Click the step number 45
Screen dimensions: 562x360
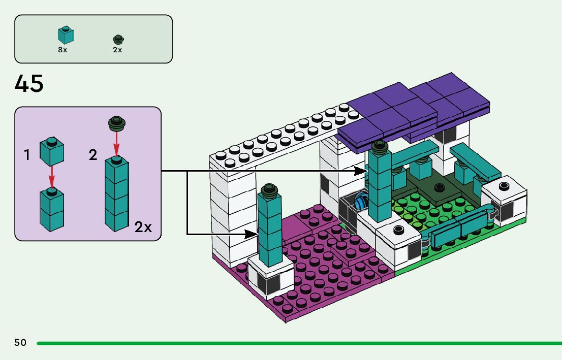pos(29,83)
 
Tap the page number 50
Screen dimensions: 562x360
pos(20,343)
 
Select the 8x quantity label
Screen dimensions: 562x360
pos(63,50)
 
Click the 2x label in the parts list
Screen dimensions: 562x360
pos(117,50)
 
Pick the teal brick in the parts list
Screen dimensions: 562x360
pos(66,35)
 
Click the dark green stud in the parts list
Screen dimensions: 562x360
pos(118,39)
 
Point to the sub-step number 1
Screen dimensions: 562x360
pos(26,155)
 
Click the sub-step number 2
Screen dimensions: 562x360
pos(93,155)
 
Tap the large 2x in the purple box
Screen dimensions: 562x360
pos(143,227)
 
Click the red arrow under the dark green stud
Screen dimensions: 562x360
pos(116,143)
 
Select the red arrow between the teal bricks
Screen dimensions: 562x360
pos(52,177)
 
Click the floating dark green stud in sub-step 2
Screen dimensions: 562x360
pos(116,123)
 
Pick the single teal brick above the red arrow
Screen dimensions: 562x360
pos(52,151)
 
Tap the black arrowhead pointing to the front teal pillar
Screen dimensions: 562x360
pos(251,234)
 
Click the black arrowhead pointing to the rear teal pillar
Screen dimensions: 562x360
pos(361,171)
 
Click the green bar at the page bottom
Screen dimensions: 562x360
pos(299,343)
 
